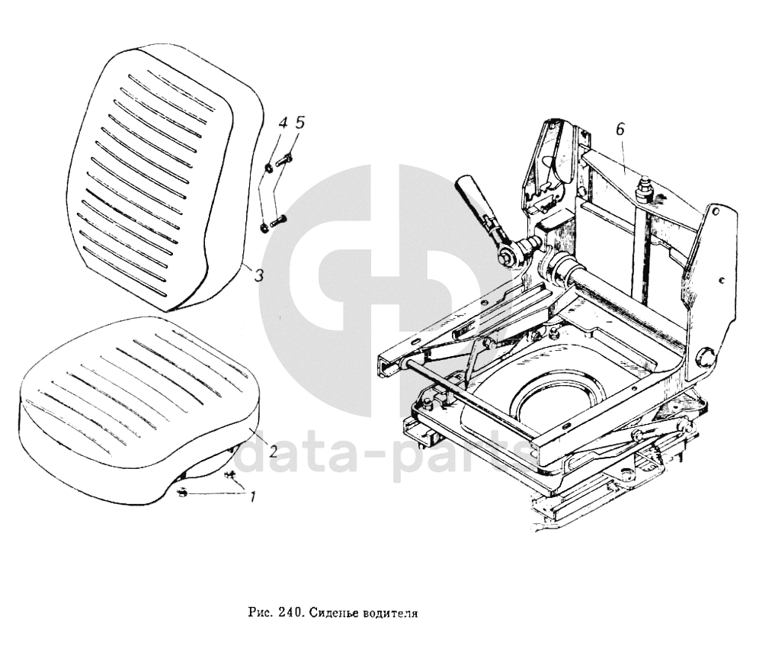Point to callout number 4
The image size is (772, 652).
point(281,123)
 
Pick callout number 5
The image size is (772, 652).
point(300,122)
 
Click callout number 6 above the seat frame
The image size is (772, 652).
point(620,130)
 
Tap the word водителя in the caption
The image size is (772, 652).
point(393,612)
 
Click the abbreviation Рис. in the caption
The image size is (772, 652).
point(260,612)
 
